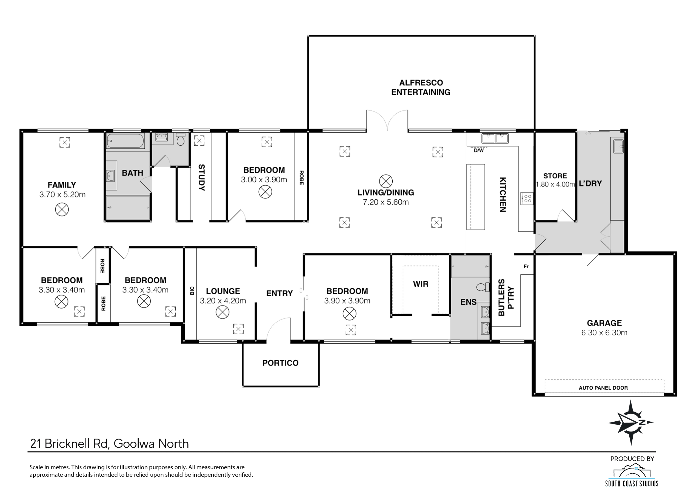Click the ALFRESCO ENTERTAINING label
(x=421, y=87)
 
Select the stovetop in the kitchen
(x=526, y=199)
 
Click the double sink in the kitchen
(x=495, y=138)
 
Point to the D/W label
(x=479, y=150)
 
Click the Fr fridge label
(x=526, y=266)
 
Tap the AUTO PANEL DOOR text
(x=603, y=388)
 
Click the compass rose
(x=631, y=422)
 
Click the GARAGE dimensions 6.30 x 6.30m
(x=604, y=333)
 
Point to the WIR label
(x=420, y=284)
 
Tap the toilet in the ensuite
(x=483, y=287)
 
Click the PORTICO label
(x=280, y=363)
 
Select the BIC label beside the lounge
(x=192, y=290)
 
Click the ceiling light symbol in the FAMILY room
(x=62, y=209)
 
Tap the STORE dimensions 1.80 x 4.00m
(x=555, y=184)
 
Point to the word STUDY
(x=201, y=177)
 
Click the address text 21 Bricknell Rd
(x=70, y=444)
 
